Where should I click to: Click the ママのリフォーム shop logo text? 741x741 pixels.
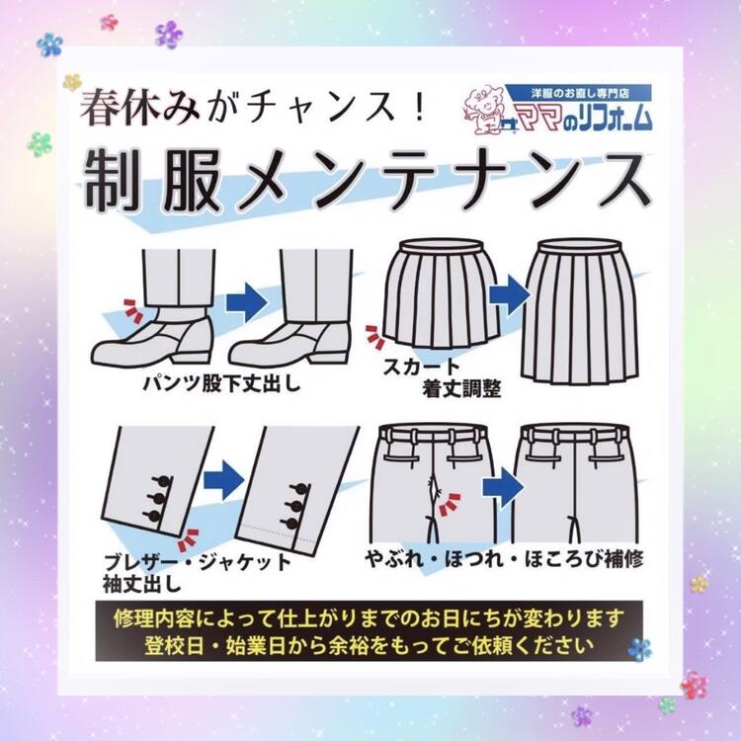pos(585,118)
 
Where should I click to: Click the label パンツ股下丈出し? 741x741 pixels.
pos(222,383)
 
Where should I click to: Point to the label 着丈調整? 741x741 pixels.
pos(461,389)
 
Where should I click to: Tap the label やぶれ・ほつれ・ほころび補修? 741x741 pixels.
pos(504,559)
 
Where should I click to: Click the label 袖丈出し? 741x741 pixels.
pos(142,584)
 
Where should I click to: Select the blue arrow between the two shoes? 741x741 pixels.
pos(244,301)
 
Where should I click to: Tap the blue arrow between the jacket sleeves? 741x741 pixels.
pos(224,479)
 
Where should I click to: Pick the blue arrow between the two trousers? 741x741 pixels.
pos(502,487)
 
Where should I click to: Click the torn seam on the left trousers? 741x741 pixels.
pos(434,491)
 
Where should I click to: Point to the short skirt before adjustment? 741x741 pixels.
pos(442,293)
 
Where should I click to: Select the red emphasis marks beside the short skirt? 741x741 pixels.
pos(375,337)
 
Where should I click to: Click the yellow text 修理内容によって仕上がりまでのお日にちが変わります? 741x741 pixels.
pos(370,617)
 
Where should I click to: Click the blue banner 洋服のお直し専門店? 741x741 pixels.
pos(578,93)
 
